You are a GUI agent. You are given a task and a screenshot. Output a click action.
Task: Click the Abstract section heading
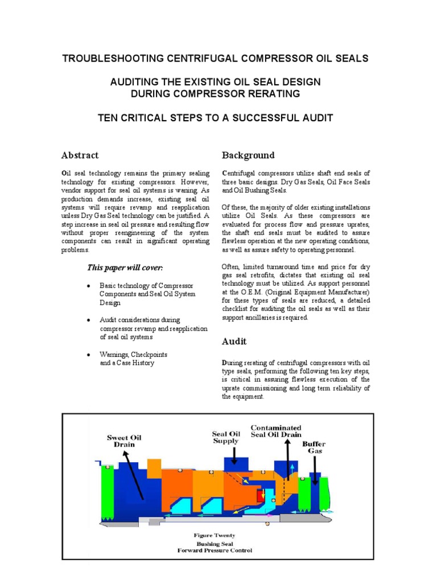80,155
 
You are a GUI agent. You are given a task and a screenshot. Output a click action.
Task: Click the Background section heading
248,155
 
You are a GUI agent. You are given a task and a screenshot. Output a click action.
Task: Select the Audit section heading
234,342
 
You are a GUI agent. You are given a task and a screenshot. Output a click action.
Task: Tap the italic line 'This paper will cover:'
125,268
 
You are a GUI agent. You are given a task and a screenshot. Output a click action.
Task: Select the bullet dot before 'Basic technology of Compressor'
89,285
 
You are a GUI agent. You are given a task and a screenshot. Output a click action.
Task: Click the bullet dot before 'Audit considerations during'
89,321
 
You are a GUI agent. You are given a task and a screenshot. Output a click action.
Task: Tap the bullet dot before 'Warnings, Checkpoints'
89,355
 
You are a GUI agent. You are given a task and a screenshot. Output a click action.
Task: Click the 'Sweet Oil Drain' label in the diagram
124,441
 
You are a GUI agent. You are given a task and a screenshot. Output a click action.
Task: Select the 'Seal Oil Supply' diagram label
226,437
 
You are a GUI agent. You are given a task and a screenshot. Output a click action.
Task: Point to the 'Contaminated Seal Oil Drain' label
276,432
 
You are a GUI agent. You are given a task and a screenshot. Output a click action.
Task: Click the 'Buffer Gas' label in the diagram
314,446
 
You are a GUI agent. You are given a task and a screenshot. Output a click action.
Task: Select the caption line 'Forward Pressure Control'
215,551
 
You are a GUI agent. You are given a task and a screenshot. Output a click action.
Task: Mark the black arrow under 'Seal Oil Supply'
232,455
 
